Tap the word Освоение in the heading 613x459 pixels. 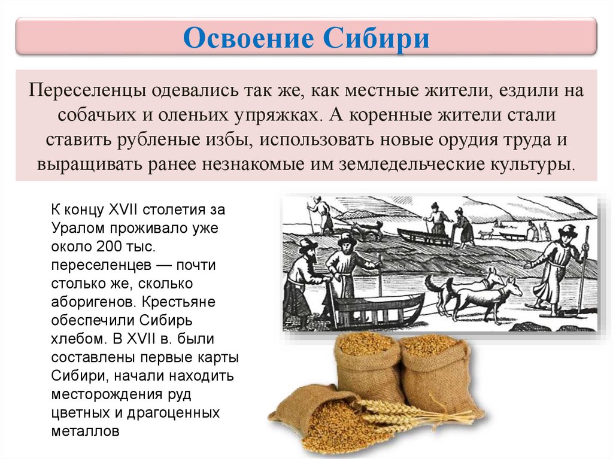tap(248, 38)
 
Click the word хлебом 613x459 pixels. tap(78, 339)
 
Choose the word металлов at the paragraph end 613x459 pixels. tap(85, 431)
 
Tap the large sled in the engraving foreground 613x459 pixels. tap(374, 307)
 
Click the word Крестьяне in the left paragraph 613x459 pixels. tap(178, 302)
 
